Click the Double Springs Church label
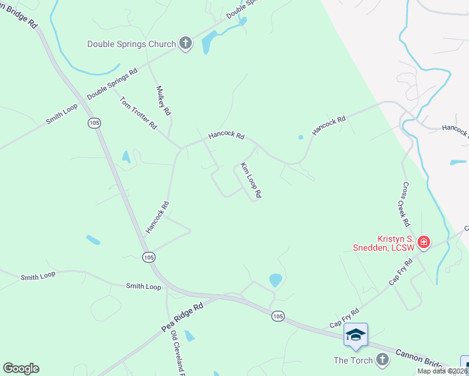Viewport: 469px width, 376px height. pyautogui.click(x=131, y=44)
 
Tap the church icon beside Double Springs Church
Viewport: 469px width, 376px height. pyautogui.click(x=185, y=44)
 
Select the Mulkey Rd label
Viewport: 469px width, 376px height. pyautogui.click(x=163, y=100)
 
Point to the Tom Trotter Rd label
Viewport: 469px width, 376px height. pyautogui.click(x=138, y=113)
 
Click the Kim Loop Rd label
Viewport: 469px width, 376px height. pyautogui.click(x=250, y=181)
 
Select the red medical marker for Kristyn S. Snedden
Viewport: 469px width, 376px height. pyautogui.click(x=424, y=242)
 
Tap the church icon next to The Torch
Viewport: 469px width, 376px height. pyautogui.click(x=382, y=360)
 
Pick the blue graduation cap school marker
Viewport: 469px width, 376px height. pyautogui.click(x=356, y=334)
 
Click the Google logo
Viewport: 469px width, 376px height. pyautogui.click(x=21, y=368)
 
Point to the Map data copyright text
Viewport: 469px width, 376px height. pyautogui.click(x=443, y=371)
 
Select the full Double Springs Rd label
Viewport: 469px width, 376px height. pyautogui.click(x=112, y=85)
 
